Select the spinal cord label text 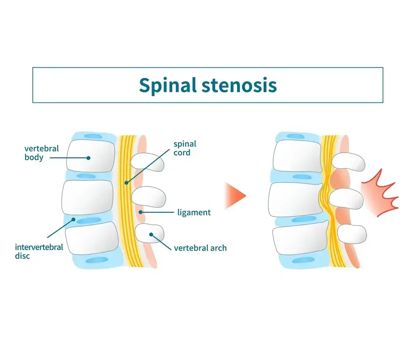tap(185, 149)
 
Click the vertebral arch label tap(200, 248)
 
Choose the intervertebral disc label tap(39, 252)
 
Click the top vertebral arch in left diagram tap(147, 163)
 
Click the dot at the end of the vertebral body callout tap(88, 157)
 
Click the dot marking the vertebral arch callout tap(152, 234)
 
